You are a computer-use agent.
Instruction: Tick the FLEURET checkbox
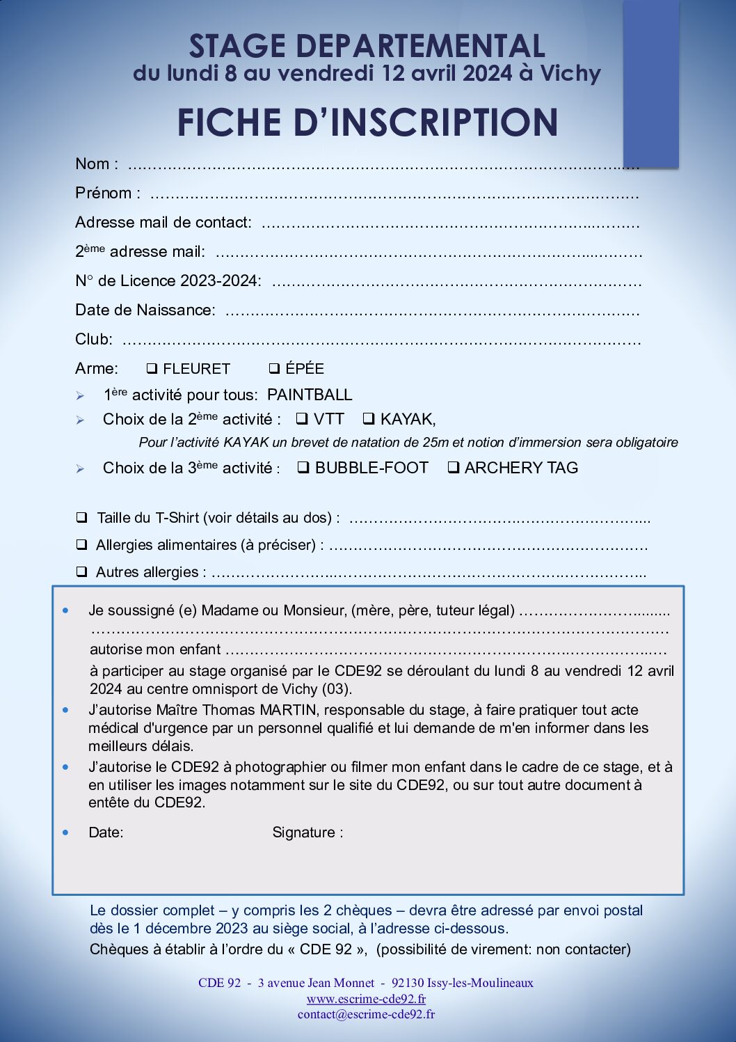(x=152, y=368)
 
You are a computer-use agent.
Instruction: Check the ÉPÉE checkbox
(x=274, y=368)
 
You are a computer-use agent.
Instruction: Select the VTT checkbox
(x=302, y=419)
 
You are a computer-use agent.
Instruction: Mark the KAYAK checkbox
(x=369, y=419)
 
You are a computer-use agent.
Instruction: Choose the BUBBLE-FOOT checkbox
(x=303, y=468)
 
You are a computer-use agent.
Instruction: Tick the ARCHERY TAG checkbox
(x=453, y=468)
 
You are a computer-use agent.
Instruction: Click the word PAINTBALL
(x=310, y=395)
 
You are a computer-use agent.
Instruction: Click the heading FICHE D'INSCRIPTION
(x=367, y=123)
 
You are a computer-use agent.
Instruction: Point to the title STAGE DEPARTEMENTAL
(x=367, y=47)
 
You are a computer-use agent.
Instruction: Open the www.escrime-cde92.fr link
(x=366, y=999)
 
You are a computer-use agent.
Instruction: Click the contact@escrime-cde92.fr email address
(x=366, y=1014)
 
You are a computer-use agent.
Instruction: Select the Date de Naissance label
(x=145, y=310)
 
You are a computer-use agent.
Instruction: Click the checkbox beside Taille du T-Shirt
(x=82, y=517)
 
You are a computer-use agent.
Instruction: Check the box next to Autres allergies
(x=82, y=571)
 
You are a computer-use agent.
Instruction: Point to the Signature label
(x=307, y=832)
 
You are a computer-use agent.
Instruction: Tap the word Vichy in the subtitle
(x=570, y=73)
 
